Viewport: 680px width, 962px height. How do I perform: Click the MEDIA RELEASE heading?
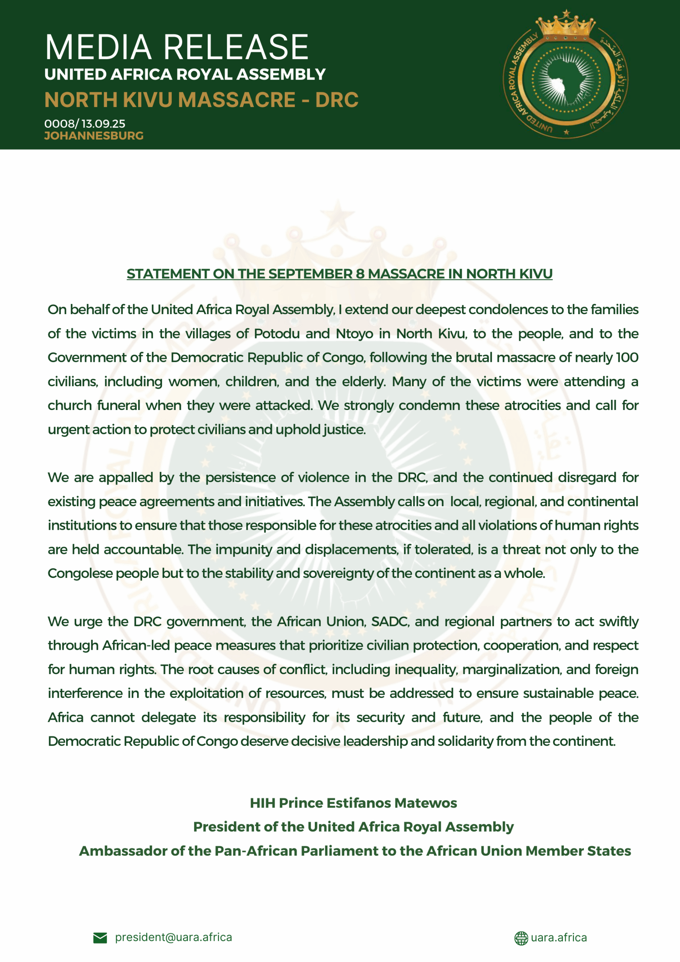pyautogui.click(x=177, y=47)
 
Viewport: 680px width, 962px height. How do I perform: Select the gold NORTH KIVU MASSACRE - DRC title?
pyautogui.click(x=201, y=100)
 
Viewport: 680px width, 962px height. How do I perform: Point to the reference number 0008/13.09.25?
pyautogui.click(x=85, y=124)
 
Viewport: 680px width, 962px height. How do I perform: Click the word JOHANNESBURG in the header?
pyautogui.click(x=94, y=136)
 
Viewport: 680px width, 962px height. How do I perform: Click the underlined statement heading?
pyautogui.click(x=339, y=274)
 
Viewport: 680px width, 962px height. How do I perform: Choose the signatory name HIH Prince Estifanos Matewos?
pyautogui.click(x=353, y=803)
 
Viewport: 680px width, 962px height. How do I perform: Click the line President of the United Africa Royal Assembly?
pyautogui.click(x=353, y=827)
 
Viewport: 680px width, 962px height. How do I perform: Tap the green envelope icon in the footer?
pyautogui.click(x=100, y=938)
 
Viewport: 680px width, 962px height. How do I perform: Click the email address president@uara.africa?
pyautogui.click(x=174, y=937)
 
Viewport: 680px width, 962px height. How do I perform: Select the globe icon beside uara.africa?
pyautogui.click(x=521, y=938)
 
